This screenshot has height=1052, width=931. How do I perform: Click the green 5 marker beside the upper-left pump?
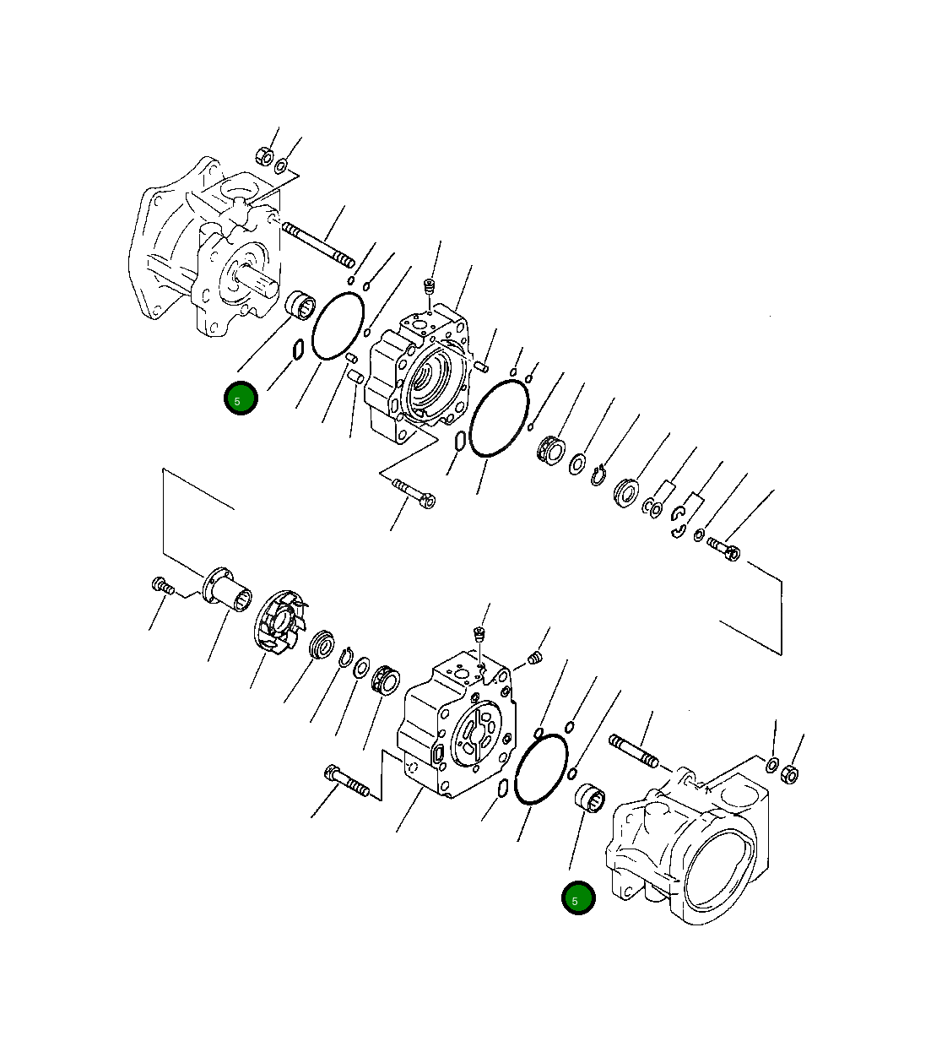coord(240,399)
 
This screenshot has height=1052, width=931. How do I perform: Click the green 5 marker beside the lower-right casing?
coord(578,898)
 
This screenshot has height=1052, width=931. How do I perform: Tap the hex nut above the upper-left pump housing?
coord(263,156)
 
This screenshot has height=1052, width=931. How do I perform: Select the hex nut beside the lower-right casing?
coord(791,773)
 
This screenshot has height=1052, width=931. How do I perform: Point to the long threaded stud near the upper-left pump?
coord(318,242)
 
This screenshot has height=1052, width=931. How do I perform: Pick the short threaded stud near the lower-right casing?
coord(633,751)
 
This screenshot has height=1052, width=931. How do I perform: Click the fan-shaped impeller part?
coord(279,623)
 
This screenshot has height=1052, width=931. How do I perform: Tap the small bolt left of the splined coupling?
coord(162,585)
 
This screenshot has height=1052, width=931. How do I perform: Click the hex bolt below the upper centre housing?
coord(414,493)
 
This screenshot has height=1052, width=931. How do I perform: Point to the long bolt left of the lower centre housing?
coord(346,781)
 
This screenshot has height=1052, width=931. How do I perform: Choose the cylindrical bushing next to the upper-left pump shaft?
coord(298,305)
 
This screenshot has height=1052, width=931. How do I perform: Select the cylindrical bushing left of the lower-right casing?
coord(587,797)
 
